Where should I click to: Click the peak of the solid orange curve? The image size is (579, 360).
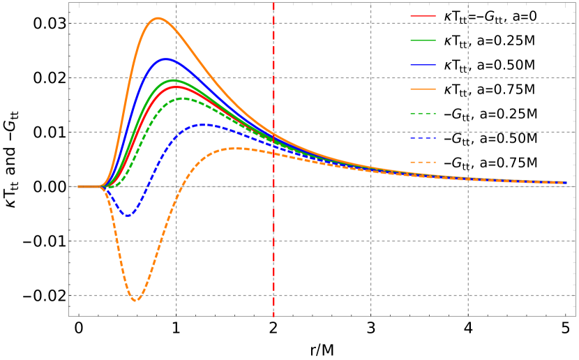pos(158,18)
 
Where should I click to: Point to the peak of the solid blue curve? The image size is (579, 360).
pos(165,59)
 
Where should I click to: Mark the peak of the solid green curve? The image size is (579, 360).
pos(174,80)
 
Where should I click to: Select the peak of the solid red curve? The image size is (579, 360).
pos(176,87)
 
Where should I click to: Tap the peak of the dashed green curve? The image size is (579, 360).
pos(183,98)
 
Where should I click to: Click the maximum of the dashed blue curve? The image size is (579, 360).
pos(203,125)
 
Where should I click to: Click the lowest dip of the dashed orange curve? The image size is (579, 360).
pos(136,300)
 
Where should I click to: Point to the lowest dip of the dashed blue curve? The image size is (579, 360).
pos(128,216)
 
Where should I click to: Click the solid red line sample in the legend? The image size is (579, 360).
pos(423,16)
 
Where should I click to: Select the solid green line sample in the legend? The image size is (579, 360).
pos(423,40)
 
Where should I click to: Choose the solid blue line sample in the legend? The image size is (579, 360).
pos(423,65)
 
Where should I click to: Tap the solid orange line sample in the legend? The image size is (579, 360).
pos(423,89)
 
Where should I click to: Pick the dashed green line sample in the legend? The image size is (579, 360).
pos(423,114)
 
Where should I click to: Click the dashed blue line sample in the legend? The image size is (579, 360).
pos(423,138)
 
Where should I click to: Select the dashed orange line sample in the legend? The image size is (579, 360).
pos(423,163)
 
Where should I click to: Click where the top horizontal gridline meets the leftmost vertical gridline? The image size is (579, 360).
pos(176,23)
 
